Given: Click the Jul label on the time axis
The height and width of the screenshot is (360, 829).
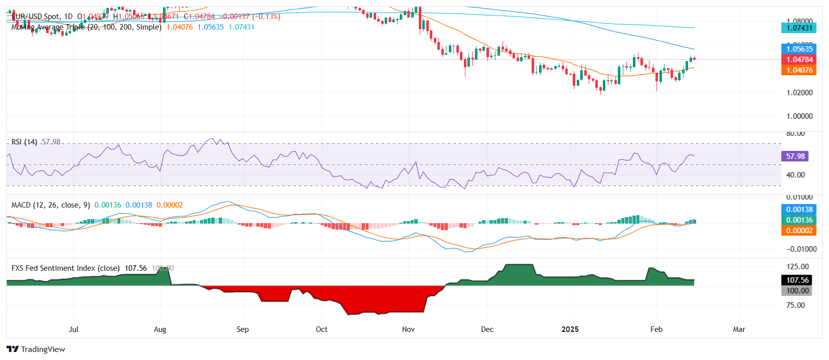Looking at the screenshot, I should tap(74, 329).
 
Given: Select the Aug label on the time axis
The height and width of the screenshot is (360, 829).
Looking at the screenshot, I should tap(160, 329).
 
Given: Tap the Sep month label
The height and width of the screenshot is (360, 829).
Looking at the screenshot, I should tap(243, 329).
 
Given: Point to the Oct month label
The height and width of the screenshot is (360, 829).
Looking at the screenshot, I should tap(321, 329).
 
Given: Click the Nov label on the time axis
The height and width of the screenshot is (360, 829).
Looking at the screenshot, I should tap(408, 329).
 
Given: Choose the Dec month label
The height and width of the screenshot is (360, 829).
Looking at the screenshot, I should tap(487, 329).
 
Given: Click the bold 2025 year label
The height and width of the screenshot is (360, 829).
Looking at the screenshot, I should tap(570, 329).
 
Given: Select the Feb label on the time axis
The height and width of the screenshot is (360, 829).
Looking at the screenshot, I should tap(656, 329).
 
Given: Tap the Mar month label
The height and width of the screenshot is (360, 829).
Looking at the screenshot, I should tap(739, 329).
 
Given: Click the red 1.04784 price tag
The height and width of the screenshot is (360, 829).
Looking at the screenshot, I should tap(799, 60).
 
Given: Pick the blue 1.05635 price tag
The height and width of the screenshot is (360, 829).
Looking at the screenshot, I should tap(799, 49).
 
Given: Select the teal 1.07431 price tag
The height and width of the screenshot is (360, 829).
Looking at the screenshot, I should tap(799, 28).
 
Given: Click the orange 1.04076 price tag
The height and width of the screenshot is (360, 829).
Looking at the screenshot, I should tap(799, 70).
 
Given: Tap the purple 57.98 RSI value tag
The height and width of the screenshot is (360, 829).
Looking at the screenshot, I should tap(795, 156).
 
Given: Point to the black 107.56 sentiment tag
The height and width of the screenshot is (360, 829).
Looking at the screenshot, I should tap(797, 280).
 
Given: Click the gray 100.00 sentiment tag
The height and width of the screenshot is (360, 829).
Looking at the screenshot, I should tap(797, 291).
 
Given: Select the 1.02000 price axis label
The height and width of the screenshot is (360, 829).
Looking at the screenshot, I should tap(799, 93).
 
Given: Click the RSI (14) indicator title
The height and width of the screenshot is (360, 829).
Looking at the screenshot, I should tap(24, 142).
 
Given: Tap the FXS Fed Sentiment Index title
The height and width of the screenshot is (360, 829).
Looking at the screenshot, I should tap(65, 268).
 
